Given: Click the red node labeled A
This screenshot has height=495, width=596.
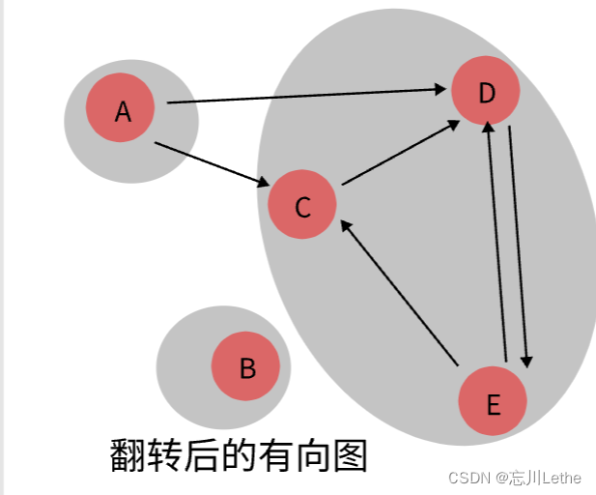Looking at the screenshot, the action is pos(121,107).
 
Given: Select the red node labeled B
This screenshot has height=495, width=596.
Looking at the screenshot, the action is pos(245,366).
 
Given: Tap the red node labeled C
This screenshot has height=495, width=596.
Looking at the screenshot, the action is pos(302,205).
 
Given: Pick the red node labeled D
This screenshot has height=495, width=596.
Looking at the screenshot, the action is pos(486,91).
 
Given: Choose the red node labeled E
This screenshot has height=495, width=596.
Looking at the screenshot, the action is pos(493,401).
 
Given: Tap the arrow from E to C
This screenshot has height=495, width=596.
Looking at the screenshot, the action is pos(398,293).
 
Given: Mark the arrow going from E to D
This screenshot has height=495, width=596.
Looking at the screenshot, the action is pos(497,242).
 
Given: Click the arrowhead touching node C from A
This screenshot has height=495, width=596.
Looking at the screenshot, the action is pos(263,184).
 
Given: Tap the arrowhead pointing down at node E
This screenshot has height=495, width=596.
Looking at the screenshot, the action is pos(526,361).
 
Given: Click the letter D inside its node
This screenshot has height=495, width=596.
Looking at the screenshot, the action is pos(486,92).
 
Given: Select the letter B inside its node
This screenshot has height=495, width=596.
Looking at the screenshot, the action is pos(246,367).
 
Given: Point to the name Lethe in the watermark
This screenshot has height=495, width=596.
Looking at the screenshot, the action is pos(560,478).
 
